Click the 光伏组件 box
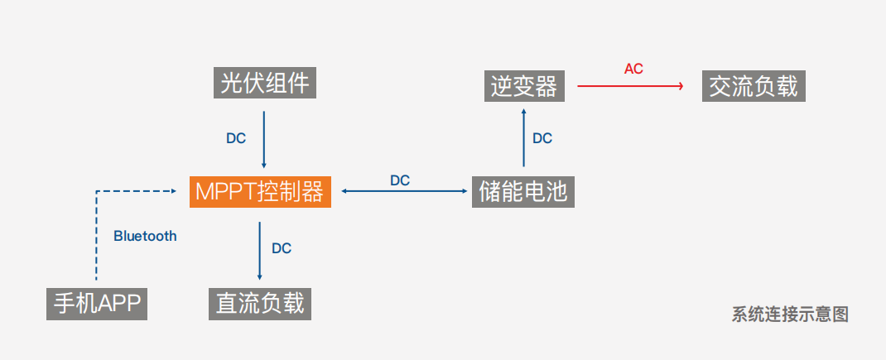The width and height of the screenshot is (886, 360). pos(264,83)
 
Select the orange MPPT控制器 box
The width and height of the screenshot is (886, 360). pos(260,191)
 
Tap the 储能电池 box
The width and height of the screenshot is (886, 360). pos(523,191)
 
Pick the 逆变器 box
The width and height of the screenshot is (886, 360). pos(523,85)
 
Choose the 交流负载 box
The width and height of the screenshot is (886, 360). pos(753,85)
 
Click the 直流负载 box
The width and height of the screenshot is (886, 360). pos(260,304)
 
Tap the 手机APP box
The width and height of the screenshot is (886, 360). pos(96,304)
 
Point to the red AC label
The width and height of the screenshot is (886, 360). pos(633,69)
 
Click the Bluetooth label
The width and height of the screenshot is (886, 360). pos(145,236)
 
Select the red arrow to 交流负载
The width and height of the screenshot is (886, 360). pos(629,85)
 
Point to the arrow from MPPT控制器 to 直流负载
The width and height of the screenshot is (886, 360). pos(260,251)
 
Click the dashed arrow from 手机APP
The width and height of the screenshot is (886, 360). pos(97,236)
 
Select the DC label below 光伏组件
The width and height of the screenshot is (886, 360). pos(236,138)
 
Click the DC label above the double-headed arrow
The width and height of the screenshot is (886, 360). pos(400,180)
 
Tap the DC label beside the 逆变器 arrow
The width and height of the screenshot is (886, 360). pos(542,138)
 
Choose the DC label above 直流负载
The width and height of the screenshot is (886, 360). pos(282,247)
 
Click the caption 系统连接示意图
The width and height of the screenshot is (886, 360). pos(790,314)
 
